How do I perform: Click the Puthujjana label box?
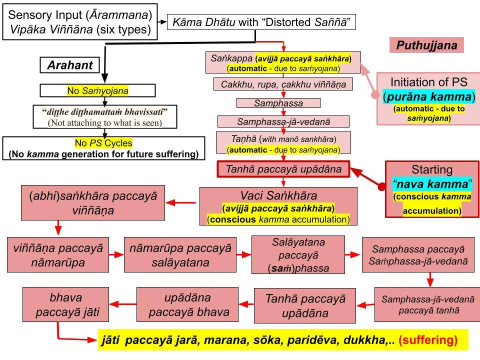426,45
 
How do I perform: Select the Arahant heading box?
72,65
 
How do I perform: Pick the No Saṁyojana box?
97,90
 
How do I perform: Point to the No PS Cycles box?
103,148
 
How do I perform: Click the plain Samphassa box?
278,103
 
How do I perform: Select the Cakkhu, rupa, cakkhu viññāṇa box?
283,84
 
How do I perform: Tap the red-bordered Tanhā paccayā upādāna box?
283,169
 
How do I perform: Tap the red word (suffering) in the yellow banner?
428,340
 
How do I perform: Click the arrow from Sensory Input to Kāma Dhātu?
162,22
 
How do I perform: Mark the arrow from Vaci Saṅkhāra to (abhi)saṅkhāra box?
182,202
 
